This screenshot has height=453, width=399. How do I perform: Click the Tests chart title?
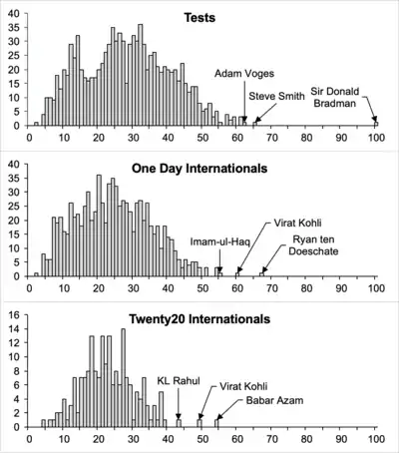(199, 18)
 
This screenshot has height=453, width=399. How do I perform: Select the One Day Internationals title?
(199, 169)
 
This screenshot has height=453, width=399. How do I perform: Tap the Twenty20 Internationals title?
(199, 319)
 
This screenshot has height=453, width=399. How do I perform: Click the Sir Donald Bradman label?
(335, 97)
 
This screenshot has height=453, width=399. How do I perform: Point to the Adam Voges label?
(244, 73)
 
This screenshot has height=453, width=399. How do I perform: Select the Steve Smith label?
(276, 96)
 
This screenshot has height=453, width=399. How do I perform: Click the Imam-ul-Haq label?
(219, 241)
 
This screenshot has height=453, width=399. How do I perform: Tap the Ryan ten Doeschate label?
(313, 245)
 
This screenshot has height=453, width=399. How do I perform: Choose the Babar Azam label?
(274, 400)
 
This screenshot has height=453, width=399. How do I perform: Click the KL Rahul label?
(179, 380)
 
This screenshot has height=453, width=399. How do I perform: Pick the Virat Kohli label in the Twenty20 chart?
(243, 386)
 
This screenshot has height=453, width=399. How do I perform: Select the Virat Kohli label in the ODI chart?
(297, 223)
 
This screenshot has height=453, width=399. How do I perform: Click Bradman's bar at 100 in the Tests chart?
(376, 124)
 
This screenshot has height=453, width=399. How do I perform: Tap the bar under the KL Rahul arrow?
(179, 423)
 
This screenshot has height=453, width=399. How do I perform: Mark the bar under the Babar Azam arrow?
(216, 423)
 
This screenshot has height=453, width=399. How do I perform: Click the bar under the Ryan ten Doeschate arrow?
(262, 274)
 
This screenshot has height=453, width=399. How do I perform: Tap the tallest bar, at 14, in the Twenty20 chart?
(124, 378)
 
